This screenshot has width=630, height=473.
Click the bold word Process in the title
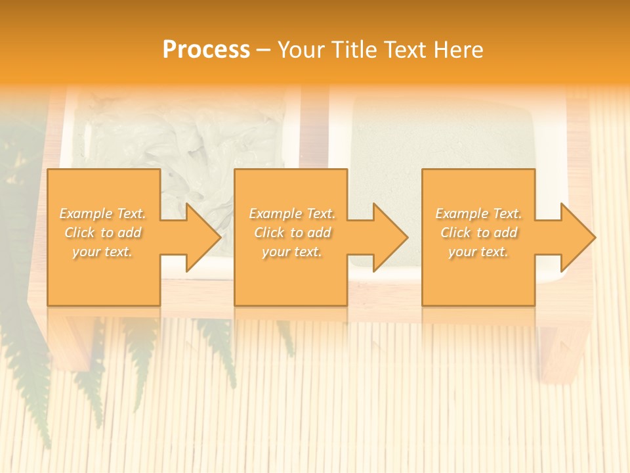(x=206, y=50)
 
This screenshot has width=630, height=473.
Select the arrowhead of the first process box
(x=203, y=237)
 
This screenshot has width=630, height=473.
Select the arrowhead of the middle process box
(x=390, y=237)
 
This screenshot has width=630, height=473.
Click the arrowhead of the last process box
(x=577, y=237)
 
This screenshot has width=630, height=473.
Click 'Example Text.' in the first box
(x=103, y=214)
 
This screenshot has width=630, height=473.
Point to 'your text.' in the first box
(x=103, y=252)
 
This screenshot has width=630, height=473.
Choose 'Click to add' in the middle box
(x=292, y=233)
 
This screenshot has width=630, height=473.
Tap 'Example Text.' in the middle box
(x=292, y=214)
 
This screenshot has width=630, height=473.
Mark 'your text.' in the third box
(x=478, y=252)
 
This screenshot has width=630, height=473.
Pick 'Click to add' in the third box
(x=478, y=233)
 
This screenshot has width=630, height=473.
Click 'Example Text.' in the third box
(x=478, y=214)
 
